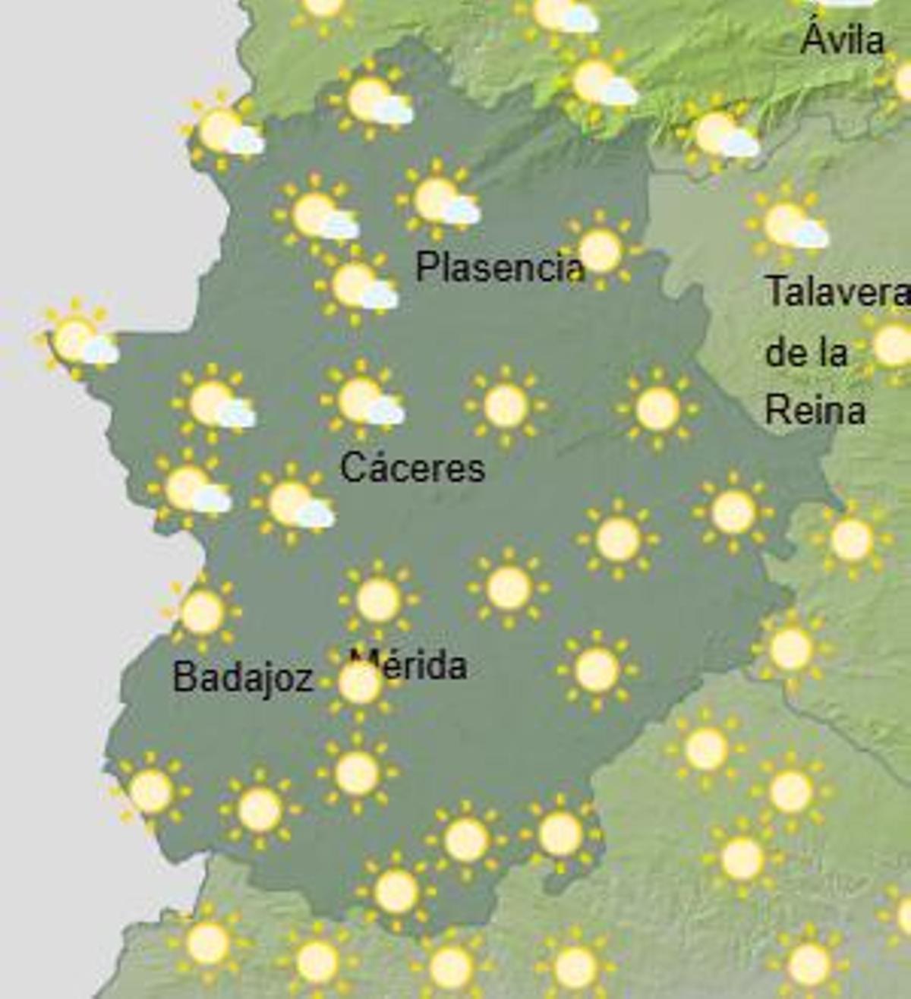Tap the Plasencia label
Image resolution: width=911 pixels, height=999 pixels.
click(x=500, y=266)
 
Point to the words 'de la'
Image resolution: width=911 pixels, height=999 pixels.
click(x=805, y=352)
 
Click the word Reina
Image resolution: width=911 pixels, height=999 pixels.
click(x=815, y=411)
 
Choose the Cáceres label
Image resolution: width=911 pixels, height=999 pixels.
click(x=412, y=467)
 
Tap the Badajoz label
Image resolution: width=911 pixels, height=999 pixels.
click(x=243, y=676)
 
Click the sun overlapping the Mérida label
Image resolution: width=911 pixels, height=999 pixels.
click(x=359, y=683)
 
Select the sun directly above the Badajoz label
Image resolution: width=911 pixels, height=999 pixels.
click(x=203, y=612)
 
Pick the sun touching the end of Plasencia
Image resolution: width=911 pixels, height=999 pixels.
click(x=600, y=251)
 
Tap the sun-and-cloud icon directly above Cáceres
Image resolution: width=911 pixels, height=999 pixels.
click(x=363, y=401)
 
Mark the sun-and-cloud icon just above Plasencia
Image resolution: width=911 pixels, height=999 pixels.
click(x=439, y=200)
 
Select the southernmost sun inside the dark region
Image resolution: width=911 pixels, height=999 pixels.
click(x=396, y=890)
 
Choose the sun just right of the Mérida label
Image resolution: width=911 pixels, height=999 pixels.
click(x=597, y=670)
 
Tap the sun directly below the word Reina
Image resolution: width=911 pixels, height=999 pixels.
click(x=851, y=539)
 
